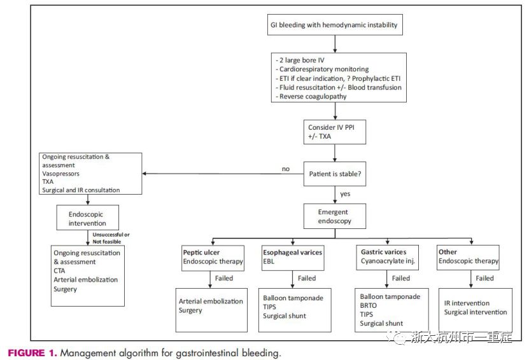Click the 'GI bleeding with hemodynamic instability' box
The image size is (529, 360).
[335, 25]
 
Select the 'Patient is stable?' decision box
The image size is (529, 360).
[335, 174]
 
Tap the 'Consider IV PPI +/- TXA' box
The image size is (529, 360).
[335, 132]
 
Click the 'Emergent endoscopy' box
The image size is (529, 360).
[335, 216]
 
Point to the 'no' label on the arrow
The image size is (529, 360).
[286, 169]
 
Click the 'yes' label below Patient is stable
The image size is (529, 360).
[345, 194]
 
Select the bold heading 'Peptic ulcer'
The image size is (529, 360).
[201, 253]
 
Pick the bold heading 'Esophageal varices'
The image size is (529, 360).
[292, 253]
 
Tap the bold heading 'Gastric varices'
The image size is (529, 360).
[384, 252]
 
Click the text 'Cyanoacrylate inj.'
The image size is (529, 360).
[388, 261]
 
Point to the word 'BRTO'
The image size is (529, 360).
[368, 305]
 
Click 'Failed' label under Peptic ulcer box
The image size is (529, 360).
[224, 278]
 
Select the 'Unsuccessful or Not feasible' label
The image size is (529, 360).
[111, 238]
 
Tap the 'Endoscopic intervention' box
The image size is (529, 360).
[88, 218]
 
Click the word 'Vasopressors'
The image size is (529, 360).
[60, 174]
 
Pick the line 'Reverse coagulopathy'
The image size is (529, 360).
[311, 97]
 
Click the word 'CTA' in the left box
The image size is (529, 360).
[59, 271]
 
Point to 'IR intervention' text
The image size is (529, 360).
[467, 303]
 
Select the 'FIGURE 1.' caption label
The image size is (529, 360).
[32, 353]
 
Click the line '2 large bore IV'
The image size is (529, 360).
[300, 60]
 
